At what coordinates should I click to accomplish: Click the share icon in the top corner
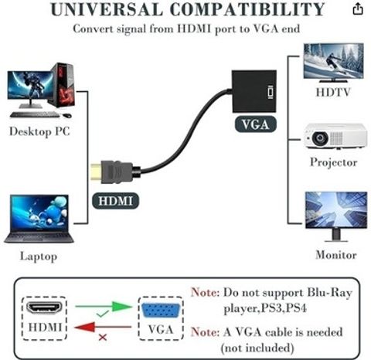[358, 9]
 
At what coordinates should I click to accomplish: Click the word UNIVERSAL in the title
[107, 9]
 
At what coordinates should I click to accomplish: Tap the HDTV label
[333, 92]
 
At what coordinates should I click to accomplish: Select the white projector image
[335, 137]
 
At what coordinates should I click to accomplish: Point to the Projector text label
[334, 162]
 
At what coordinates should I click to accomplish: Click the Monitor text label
[336, 255]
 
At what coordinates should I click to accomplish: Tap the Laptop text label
[39, 256]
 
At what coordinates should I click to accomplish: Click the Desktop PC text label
[39, 131]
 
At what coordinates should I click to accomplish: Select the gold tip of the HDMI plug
[97, 172]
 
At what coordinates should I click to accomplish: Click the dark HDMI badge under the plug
[115, 201]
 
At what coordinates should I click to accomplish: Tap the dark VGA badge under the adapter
[255, 124]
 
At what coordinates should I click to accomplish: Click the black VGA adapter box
[254, 91]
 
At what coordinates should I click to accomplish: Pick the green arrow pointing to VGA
[104, 306]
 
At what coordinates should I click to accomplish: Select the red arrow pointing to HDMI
[103, 327]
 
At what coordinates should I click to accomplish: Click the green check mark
[102, 314]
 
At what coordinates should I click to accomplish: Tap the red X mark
[103, 338]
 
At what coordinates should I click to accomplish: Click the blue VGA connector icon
[161, 311]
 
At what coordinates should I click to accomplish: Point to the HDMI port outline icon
[45, 308]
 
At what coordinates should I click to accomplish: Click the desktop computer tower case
[63, 85]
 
